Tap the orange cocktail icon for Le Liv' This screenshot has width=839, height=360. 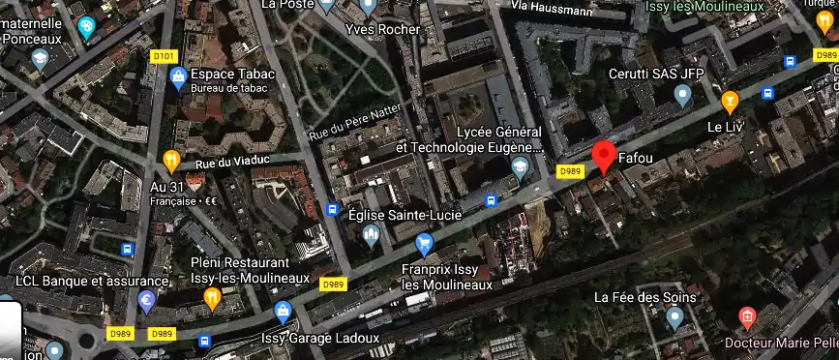tap(731, 99)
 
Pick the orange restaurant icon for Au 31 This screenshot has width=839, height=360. tap(171, 161)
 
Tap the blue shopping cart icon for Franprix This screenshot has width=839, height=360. tap(423, 242)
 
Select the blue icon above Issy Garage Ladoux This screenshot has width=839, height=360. tap(283, 312)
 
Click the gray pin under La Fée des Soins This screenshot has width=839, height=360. tap(674, 317)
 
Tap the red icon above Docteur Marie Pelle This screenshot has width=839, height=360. tap(746, 316)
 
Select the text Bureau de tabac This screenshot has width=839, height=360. tap(227, 89)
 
